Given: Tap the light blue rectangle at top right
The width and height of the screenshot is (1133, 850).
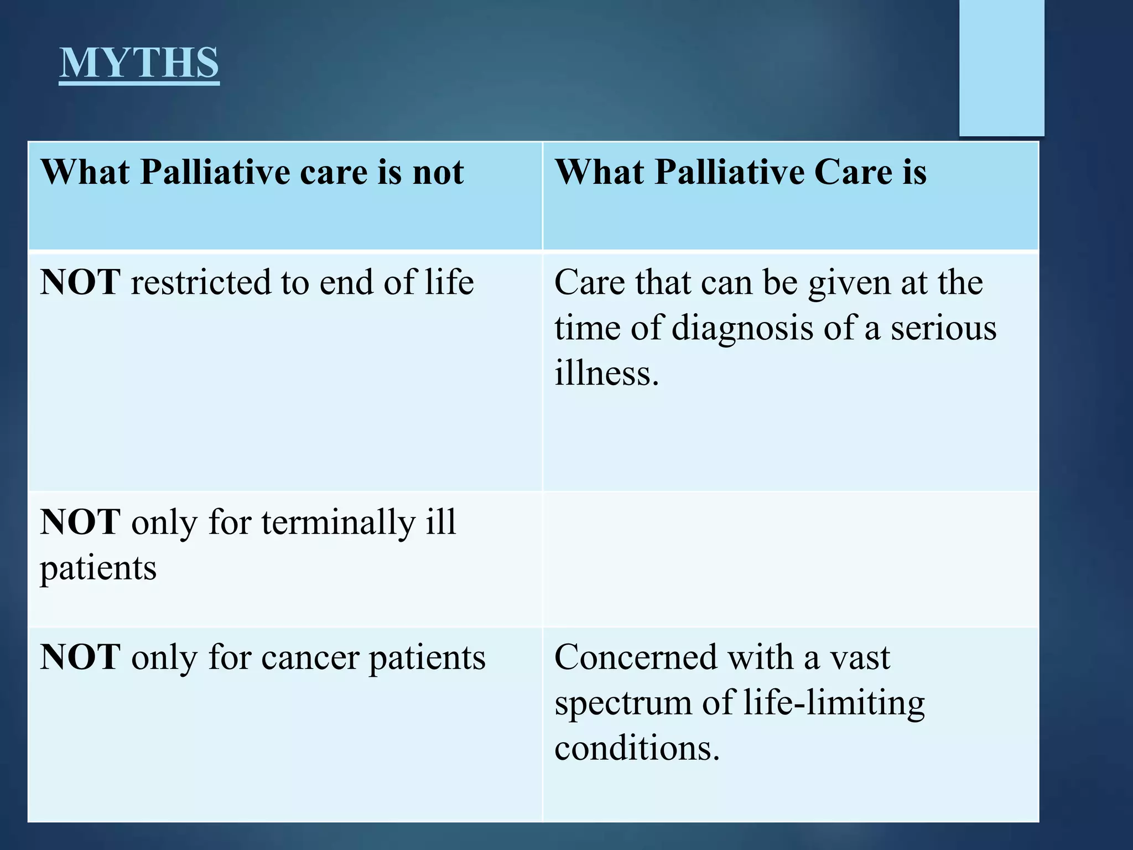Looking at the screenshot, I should click(x=1001, y=68).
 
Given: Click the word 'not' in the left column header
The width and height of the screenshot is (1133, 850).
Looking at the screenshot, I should click(x=438, y=172).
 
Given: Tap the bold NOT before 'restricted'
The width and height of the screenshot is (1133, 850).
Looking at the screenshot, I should click(x=80, y=283).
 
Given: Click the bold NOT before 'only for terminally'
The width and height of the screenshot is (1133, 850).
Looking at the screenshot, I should click(x=80, y=522).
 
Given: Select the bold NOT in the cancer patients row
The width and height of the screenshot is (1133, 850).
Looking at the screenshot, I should click(x=80, y=658).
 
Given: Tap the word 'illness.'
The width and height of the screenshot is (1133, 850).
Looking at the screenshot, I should click(x=607, y=373).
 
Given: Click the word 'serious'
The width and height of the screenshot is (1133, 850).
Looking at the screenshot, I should click(x=943, y=328).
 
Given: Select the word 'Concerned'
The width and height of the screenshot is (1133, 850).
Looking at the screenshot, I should click(x=635, y=658).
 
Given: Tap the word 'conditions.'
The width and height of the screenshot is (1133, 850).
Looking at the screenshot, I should click(x=637, y=749).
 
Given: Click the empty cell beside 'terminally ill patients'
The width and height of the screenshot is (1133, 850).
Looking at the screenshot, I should click(x=790, y=559).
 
